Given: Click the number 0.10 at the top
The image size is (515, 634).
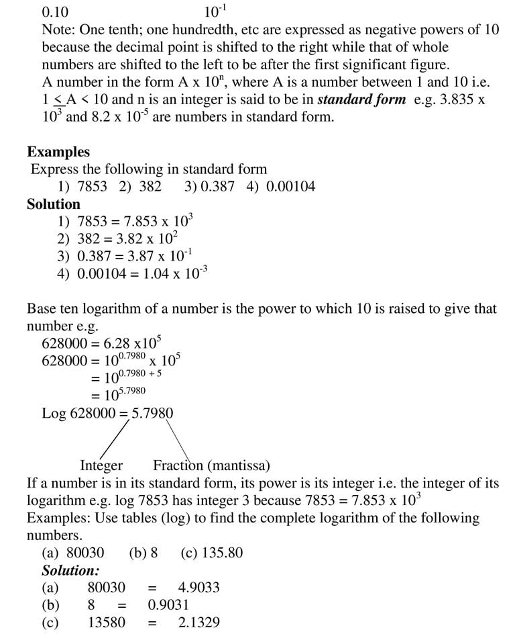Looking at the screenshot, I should coord(55,12).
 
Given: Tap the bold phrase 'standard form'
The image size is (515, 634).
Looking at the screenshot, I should coord(361,99).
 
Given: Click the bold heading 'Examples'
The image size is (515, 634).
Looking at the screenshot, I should coord(58,152).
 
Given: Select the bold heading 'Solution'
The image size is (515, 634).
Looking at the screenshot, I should coord(54,204).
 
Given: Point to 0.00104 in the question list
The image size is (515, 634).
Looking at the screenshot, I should coord(290,187).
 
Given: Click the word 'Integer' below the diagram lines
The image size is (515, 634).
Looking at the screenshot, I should coord(101,465).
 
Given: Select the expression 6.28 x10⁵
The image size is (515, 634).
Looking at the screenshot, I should coord(131,343).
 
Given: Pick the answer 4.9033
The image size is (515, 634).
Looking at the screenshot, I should coord(198,588).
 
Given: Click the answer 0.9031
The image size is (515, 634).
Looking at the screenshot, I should coord(168,605).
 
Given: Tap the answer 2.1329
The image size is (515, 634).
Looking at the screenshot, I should coord(198,623).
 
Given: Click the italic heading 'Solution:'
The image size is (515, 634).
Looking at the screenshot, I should coord(70,570).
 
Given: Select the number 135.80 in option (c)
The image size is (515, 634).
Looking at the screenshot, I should coord(221,553).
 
